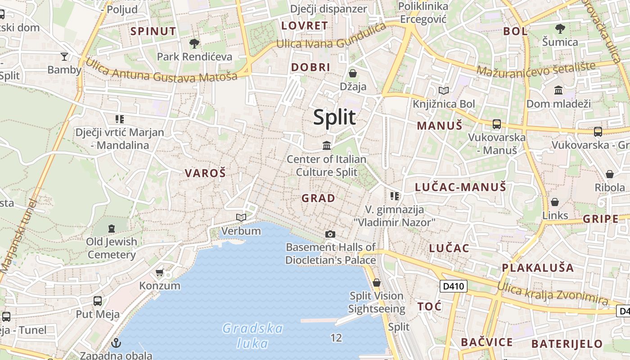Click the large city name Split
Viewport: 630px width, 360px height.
(334, 117)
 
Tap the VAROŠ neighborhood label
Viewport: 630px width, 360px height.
(205, 173)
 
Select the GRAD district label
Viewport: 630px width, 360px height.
(318, 198)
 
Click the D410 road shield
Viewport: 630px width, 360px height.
(453, 286)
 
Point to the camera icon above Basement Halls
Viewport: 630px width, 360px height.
(330, 234)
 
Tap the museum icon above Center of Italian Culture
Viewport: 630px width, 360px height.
(327, 145)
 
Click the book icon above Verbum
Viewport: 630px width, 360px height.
(241, 218)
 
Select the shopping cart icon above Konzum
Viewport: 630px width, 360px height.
(159, 272)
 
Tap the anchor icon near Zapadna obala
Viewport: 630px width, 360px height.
(116, 343)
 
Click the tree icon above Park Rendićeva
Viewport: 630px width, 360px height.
(194, 44)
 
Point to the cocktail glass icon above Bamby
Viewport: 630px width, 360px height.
(64, 57)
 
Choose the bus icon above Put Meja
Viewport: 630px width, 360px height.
(98, 301)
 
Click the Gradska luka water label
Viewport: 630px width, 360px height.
(253, 336)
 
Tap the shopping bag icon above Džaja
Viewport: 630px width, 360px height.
(353, 73)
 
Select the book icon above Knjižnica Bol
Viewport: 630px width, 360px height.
(444, 91)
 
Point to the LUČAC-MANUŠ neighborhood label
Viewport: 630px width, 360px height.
(460, 187)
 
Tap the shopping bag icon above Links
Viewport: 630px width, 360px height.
(555, 202)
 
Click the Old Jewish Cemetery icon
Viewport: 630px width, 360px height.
(111, 228)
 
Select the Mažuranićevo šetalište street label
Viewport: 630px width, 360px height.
(535, 68)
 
